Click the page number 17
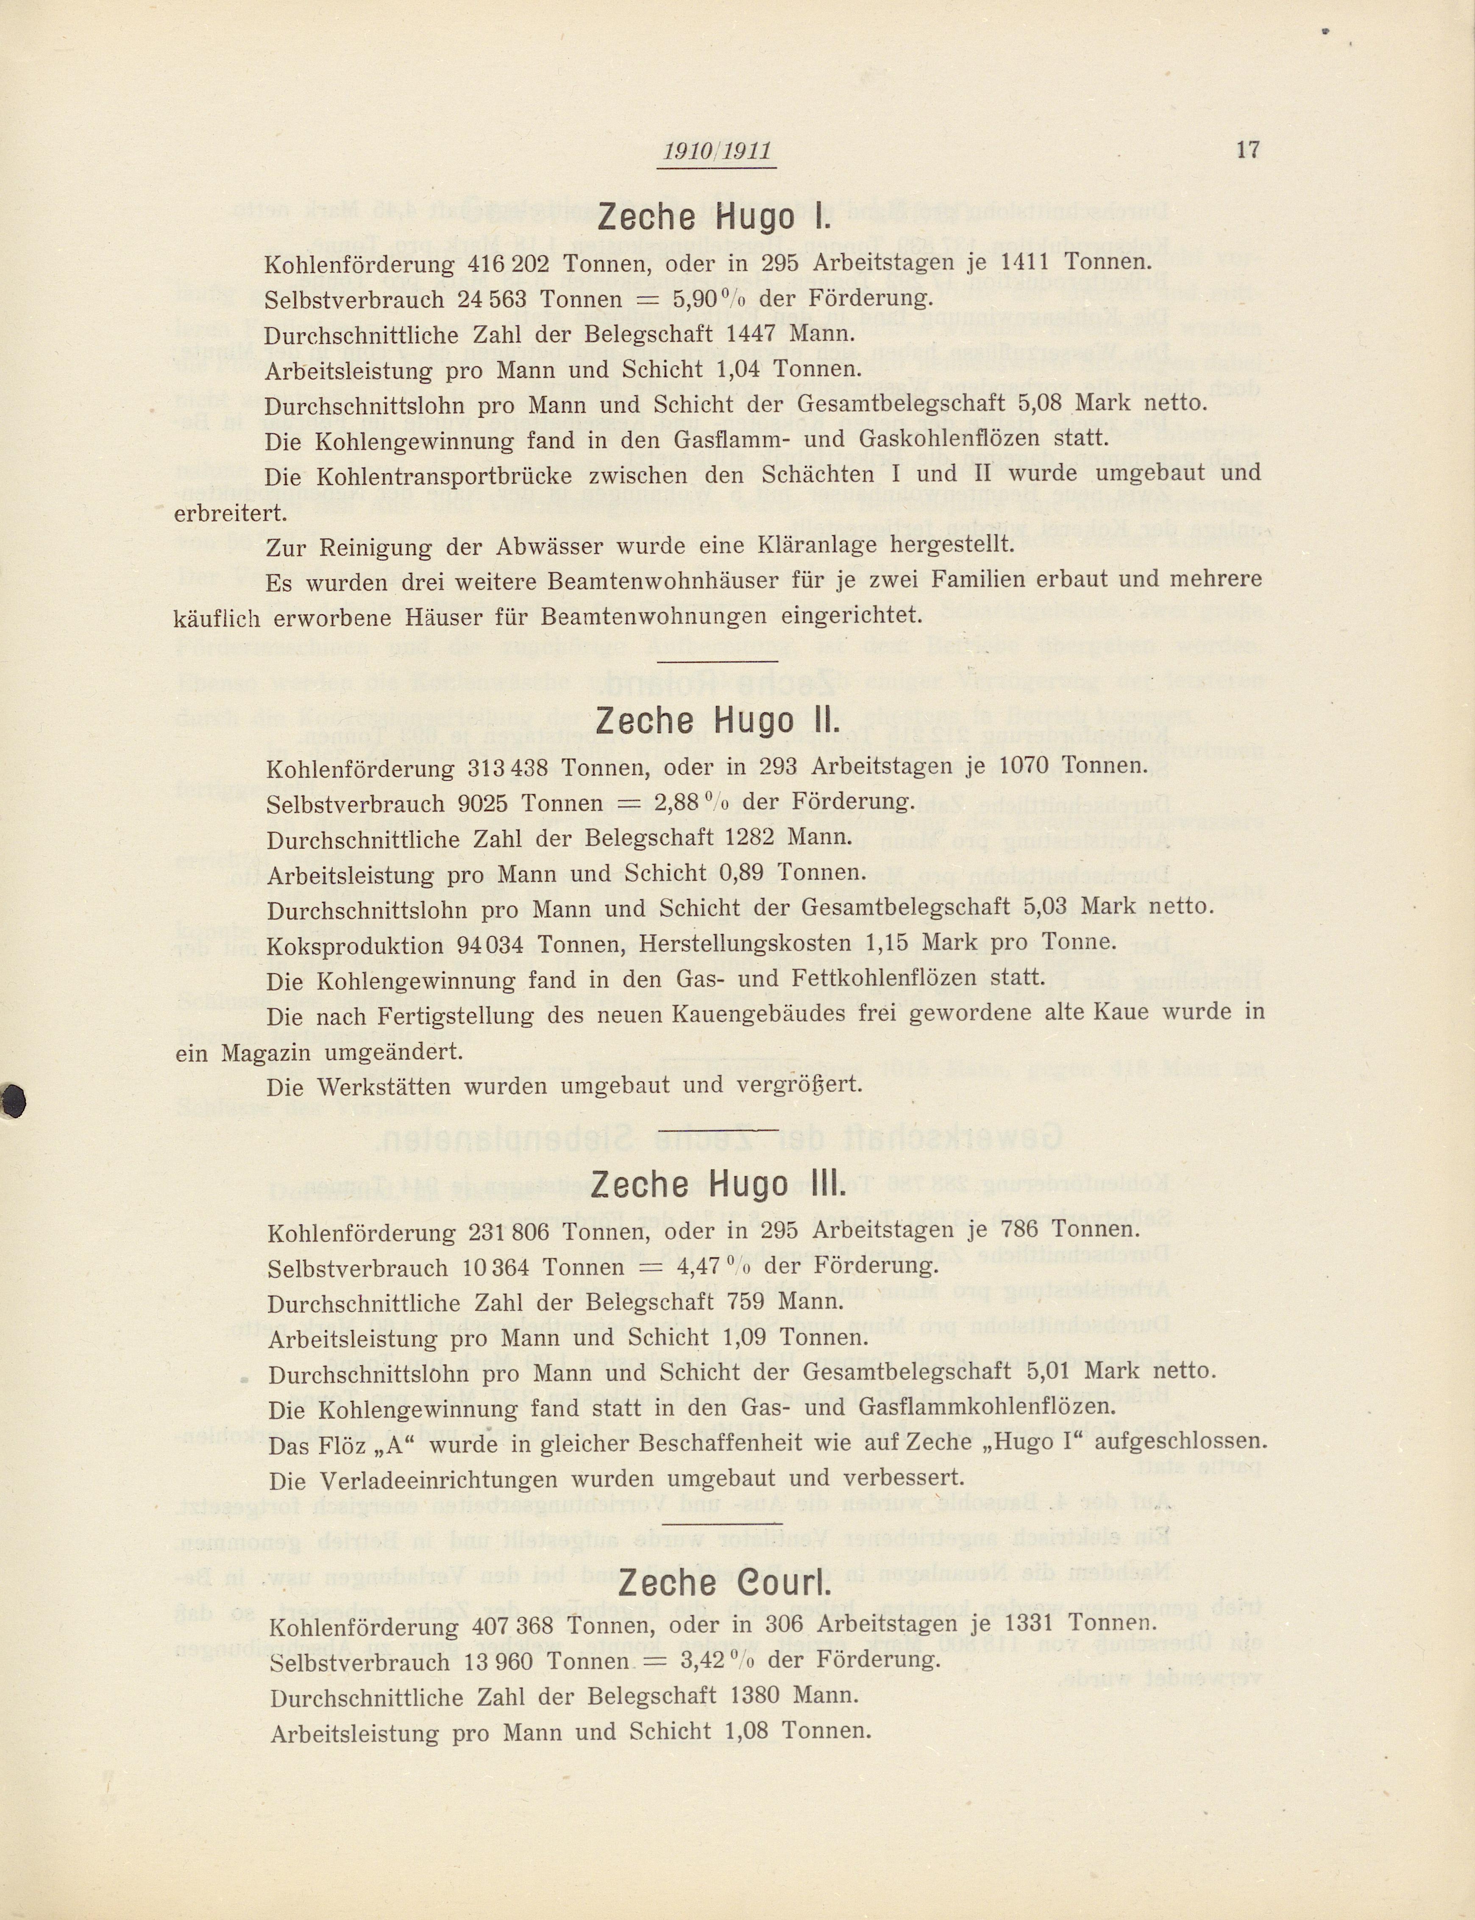click(x=1248, y=150)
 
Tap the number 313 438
click(x=507, y=767)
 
